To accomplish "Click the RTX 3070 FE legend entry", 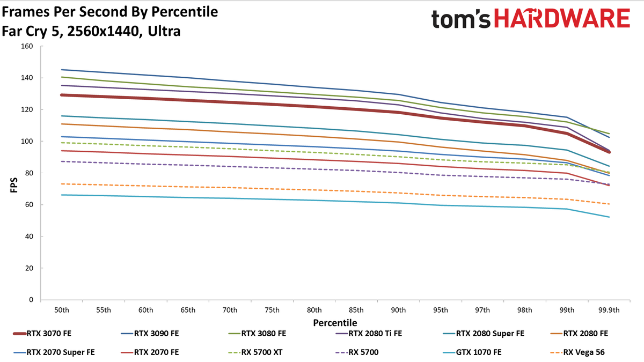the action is coord(42,334).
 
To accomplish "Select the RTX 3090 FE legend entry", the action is coord(150,334).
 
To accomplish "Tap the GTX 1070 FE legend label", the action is coord(479,352).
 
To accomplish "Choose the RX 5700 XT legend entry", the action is coord(255,352).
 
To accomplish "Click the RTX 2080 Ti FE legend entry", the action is coord(369,334).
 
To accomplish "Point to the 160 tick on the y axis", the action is coord(27,46).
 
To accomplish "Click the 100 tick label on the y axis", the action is coord(27,142).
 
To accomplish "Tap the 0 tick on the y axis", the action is coord(31,300).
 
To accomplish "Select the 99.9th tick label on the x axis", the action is coord(609,310).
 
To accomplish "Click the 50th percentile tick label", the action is coord(62,310).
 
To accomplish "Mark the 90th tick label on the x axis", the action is coord(398,310).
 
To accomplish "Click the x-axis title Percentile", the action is coord(335,323).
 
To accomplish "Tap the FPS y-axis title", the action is coord(14,185).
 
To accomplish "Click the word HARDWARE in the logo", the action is coord(562,18).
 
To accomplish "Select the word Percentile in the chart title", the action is coord(185,12).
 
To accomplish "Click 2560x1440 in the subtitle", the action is coord(103,31).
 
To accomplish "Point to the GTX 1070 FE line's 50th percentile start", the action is coord(62,195).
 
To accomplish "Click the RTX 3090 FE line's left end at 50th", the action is coord(62,70).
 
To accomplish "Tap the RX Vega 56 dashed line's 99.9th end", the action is coord(609,204).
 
